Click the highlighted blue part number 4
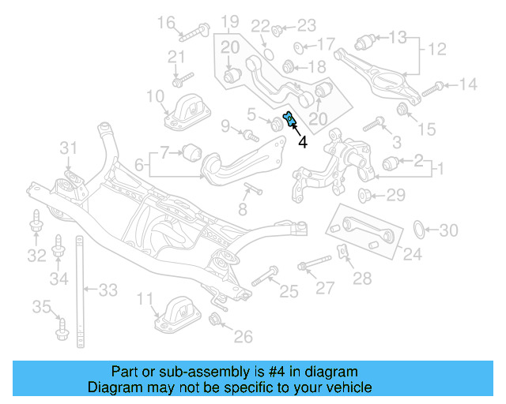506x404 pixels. [289, 120]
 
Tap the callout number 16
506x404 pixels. [166, 23]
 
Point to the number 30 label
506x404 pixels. [447, 230]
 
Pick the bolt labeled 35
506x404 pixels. [62, 327]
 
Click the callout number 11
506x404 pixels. [144, 299]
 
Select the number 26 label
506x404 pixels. [243, 337]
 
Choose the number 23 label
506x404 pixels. [306, 25]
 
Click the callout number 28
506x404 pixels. [361, 278]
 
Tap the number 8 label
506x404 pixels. [243, 209]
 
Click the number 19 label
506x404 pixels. [229, 21]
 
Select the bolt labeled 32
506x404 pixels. [36, 224]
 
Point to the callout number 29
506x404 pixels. [395, 195]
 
